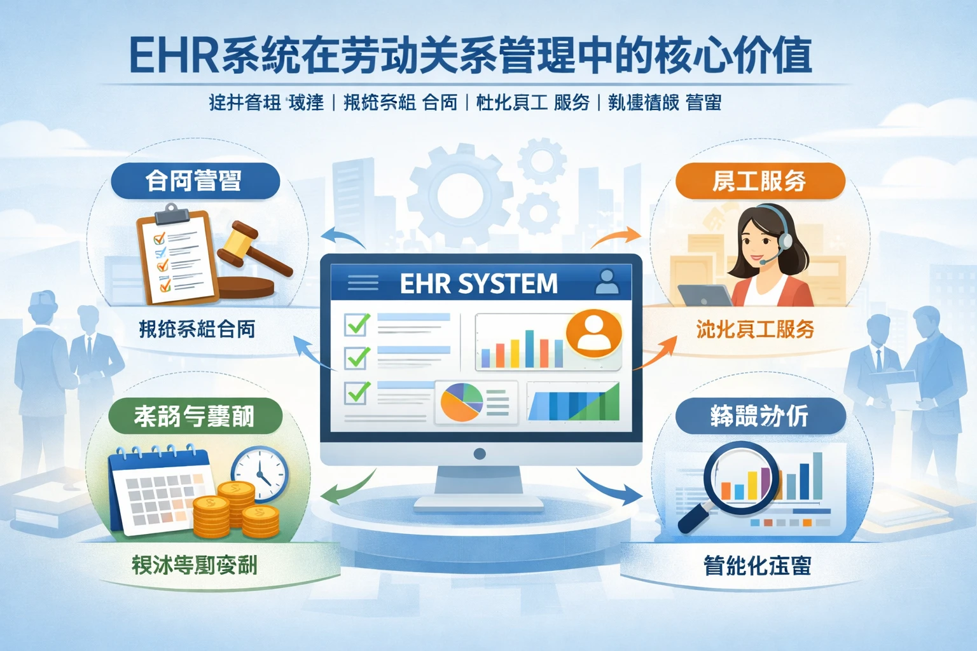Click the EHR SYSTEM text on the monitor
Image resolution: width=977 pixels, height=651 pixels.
coord(478,284)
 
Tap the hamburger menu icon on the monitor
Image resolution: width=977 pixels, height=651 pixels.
coord(363,283)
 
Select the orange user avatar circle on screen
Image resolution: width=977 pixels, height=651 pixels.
coord(593,332)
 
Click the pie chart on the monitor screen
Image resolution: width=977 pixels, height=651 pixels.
coord(462,402)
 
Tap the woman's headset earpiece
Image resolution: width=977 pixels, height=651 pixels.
coord(786,240)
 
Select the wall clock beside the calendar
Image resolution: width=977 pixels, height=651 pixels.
coord(260,474)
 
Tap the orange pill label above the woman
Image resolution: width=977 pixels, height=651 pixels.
coord(759,181)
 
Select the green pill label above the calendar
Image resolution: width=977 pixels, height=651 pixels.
coord(195,416)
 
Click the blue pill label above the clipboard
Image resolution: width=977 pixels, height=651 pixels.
coord(195,181)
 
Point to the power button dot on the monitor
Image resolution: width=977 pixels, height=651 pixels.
coord(480,453)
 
